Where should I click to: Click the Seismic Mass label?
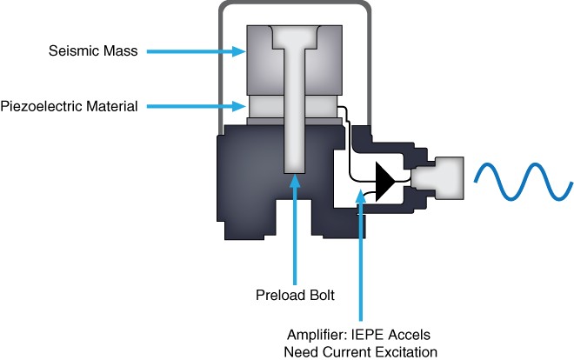click(x=93, y=51)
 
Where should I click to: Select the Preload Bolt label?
click(x=297, y=295)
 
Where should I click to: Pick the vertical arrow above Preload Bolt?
click(x=297, y=226)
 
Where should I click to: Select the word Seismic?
click(x=70, y=51)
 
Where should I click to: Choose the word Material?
click(x=114, y=106)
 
